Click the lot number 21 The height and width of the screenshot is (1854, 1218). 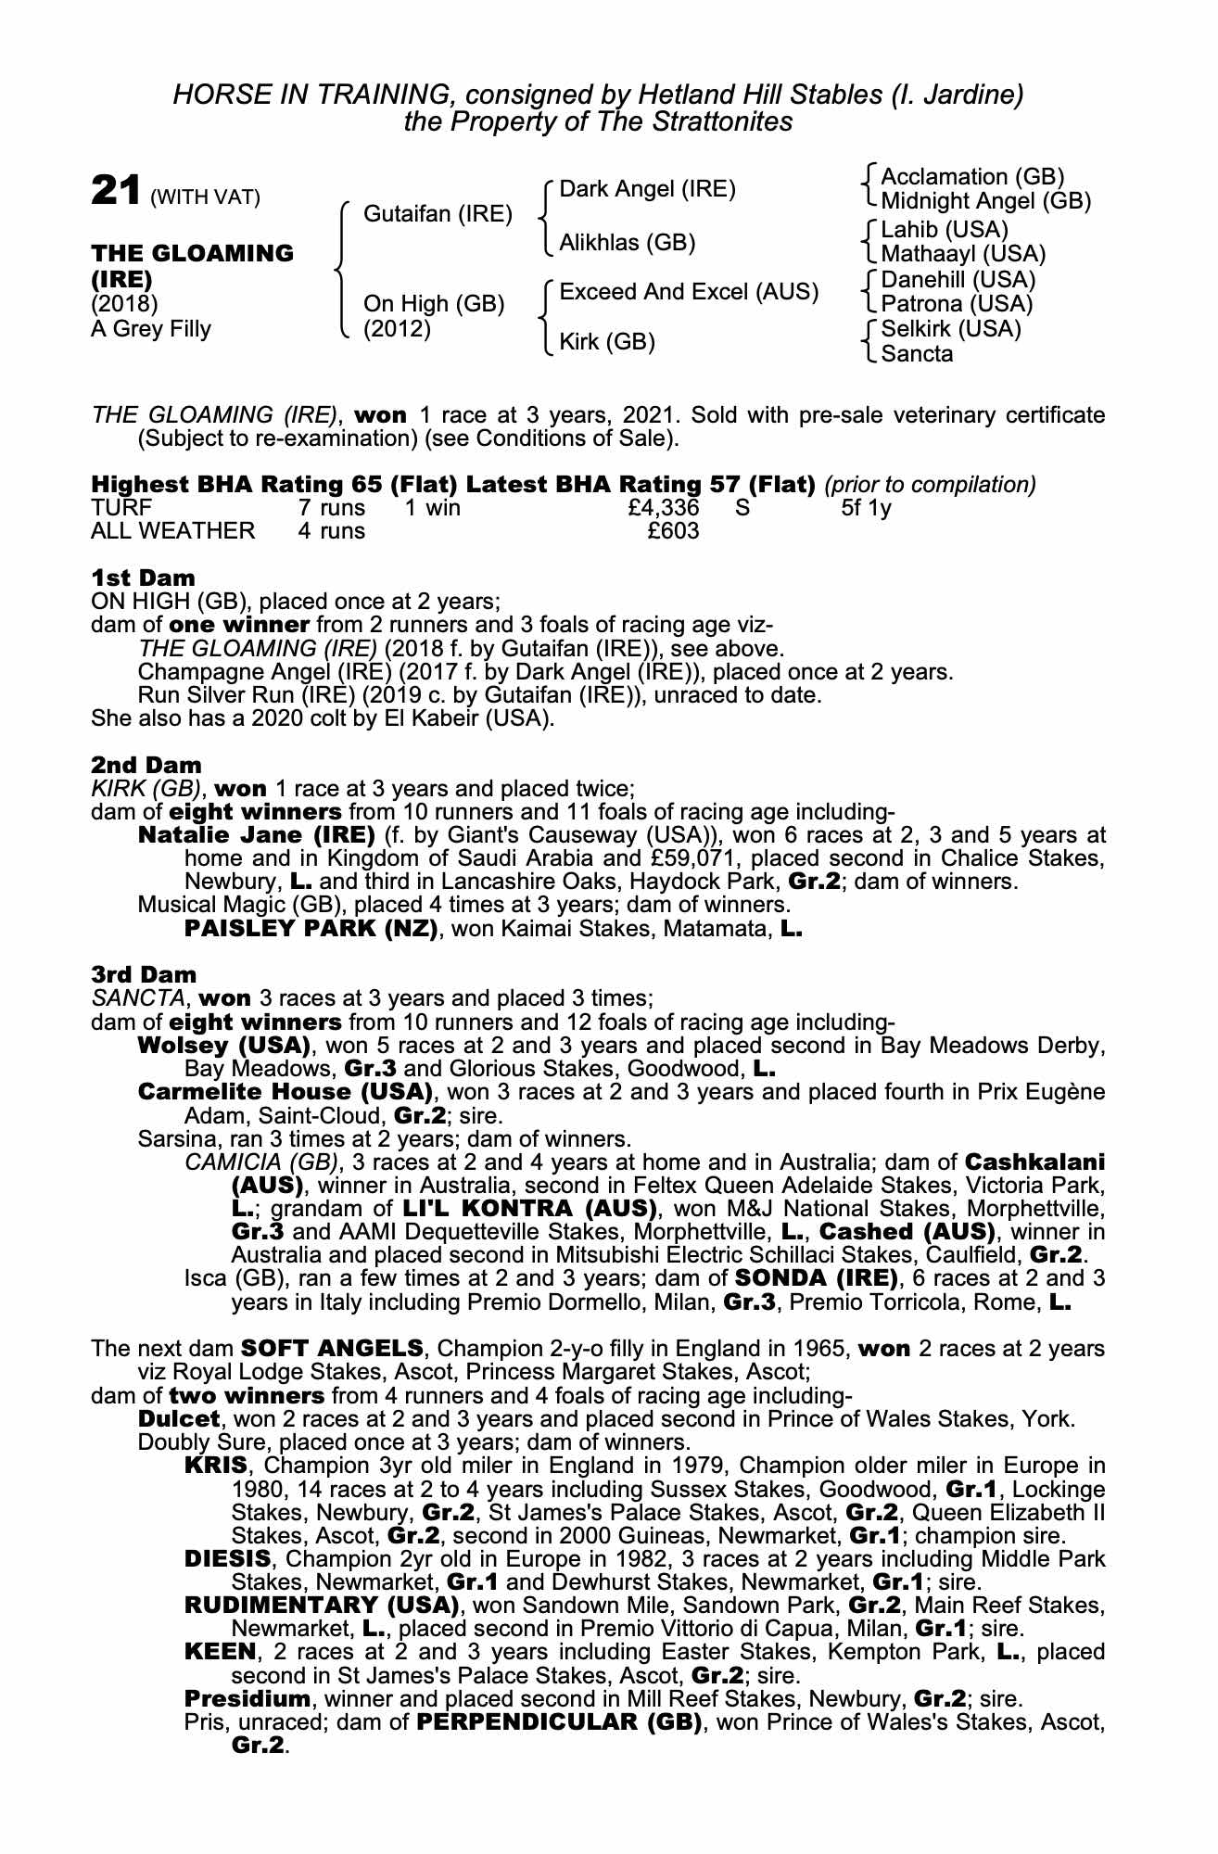[x=115, y=191]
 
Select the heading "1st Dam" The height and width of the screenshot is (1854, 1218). [x=143, y=578]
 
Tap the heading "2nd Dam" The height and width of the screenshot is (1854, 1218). [x=146, y=765]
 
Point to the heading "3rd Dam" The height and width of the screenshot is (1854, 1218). [x=144, y=974]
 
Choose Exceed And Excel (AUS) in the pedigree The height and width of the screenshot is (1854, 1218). [x=689, y=292]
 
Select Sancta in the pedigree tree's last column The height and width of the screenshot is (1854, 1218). [x=917, y=353]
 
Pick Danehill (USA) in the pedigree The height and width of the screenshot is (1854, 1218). [x=958, y=279]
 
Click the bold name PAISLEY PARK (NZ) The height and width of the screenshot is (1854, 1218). [x=311, y=929]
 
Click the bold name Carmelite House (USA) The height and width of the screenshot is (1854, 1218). [x=285, y=1091]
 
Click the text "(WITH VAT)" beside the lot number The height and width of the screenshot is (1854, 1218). [x=205, y=197]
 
